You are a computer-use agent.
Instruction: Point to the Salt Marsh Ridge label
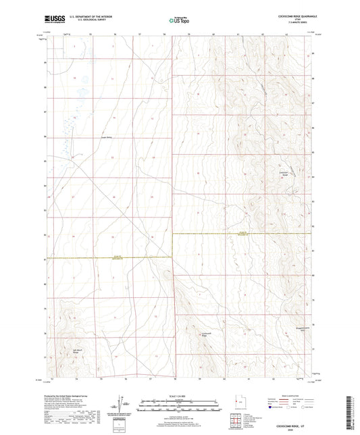tap(77, 350)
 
